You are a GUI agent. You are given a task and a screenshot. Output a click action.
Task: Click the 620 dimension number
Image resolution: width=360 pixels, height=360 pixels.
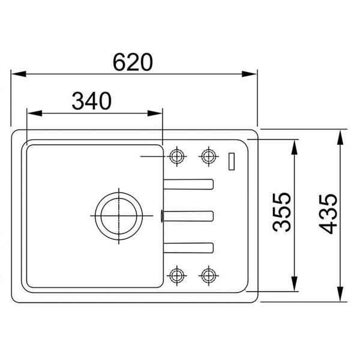[133, 62]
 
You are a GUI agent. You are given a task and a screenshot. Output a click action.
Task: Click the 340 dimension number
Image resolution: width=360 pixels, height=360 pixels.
[92, 101]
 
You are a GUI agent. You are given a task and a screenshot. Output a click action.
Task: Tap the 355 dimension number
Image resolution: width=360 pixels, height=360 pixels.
[281, 212]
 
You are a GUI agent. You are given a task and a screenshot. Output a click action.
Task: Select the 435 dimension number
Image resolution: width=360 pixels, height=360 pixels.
[328, 214]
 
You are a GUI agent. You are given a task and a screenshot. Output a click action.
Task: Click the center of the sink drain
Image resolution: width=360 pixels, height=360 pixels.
[119, 216]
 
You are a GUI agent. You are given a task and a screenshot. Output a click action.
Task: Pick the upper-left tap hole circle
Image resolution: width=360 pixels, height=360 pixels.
[177, 157]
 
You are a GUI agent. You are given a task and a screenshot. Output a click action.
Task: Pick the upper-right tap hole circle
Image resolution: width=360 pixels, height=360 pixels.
[208, 157]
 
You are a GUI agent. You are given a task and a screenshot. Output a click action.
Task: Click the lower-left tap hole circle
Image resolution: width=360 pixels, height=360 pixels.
[177, 275]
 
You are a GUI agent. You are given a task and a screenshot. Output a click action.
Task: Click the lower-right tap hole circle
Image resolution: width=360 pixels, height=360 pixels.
[208, 275]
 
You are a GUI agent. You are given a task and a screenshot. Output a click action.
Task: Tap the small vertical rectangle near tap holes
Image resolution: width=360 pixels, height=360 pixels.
[232, 161]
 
